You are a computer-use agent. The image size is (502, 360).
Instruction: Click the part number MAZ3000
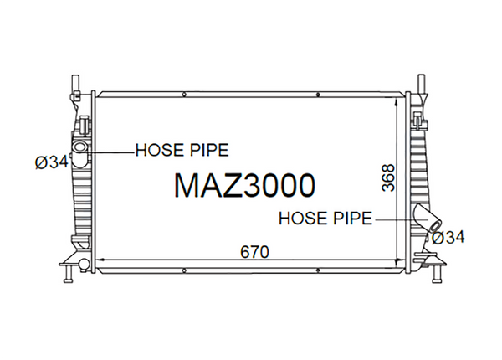point(245,186)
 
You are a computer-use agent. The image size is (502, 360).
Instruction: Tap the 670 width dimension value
point(254,252)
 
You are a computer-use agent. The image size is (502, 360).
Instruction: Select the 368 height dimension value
point(389,178)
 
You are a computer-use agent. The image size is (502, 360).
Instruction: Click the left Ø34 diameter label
point(52,162)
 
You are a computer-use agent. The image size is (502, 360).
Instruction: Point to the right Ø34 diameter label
point(448,238)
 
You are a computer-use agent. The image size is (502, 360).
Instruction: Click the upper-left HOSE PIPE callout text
point(182,150)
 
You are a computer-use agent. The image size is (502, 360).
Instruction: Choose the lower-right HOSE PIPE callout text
point(325,219)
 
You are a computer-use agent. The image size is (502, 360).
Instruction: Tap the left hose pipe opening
point(79,148)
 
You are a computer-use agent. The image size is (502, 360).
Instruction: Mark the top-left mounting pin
point(75,84)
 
